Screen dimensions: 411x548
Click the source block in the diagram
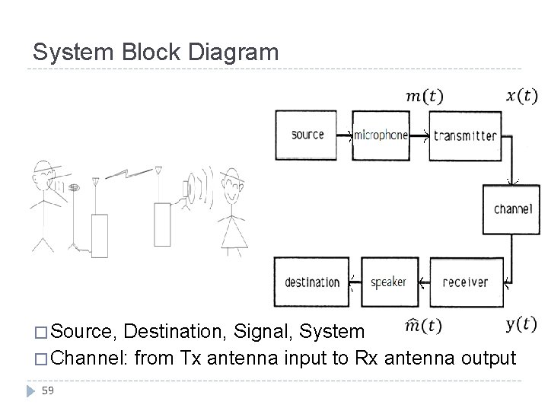(307, 135)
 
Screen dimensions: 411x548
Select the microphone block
(381, 135)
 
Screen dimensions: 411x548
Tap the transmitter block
(464, 135)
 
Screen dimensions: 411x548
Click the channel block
(512, 209)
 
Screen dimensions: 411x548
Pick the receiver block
(464, 282)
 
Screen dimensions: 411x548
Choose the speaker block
(388, 282)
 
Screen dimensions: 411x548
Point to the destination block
(312, 282)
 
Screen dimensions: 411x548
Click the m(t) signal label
(424, 96)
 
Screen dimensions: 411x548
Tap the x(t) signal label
(521, 96)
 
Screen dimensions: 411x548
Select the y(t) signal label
(521, 325)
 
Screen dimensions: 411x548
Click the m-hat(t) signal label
(422, 326)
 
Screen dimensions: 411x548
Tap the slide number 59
(48, 390)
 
